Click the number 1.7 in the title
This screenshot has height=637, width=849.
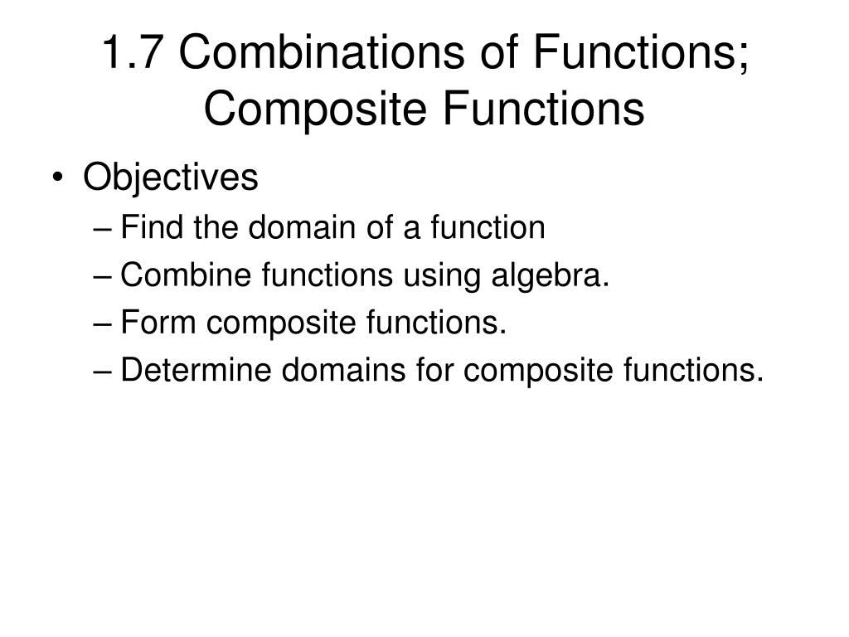coord(133,54)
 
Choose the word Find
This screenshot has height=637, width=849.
coord(151,227)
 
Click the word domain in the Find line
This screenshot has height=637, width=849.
coord(302,227)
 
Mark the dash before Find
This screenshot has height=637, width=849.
coord(109,228)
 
